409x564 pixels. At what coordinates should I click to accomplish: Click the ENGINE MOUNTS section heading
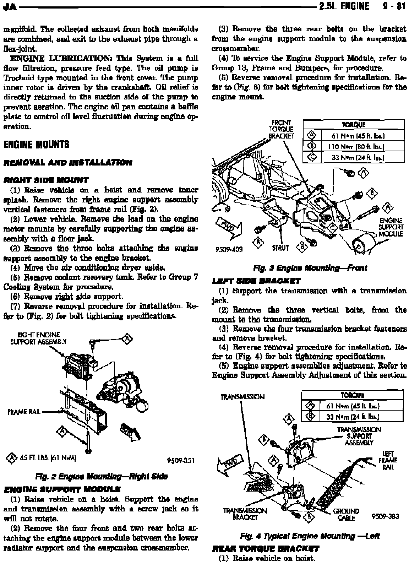tap(36, 145)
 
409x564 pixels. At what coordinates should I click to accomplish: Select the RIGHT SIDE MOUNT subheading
tap(46, 180)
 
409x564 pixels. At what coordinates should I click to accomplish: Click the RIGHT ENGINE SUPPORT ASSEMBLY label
tap(38, 338)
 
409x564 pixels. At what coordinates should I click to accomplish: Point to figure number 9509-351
tap(181, 461)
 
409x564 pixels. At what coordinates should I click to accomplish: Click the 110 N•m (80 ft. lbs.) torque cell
tap(362, 146)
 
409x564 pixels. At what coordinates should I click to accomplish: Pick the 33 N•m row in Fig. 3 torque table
tap(362, 157)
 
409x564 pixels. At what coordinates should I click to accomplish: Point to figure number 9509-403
tap(229, 249)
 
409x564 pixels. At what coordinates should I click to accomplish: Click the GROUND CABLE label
tap(346, 514)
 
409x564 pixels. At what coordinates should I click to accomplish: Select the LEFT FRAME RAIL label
tap(388, 460)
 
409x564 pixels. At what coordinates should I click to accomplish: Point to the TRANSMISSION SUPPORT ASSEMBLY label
tap(359, 436)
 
